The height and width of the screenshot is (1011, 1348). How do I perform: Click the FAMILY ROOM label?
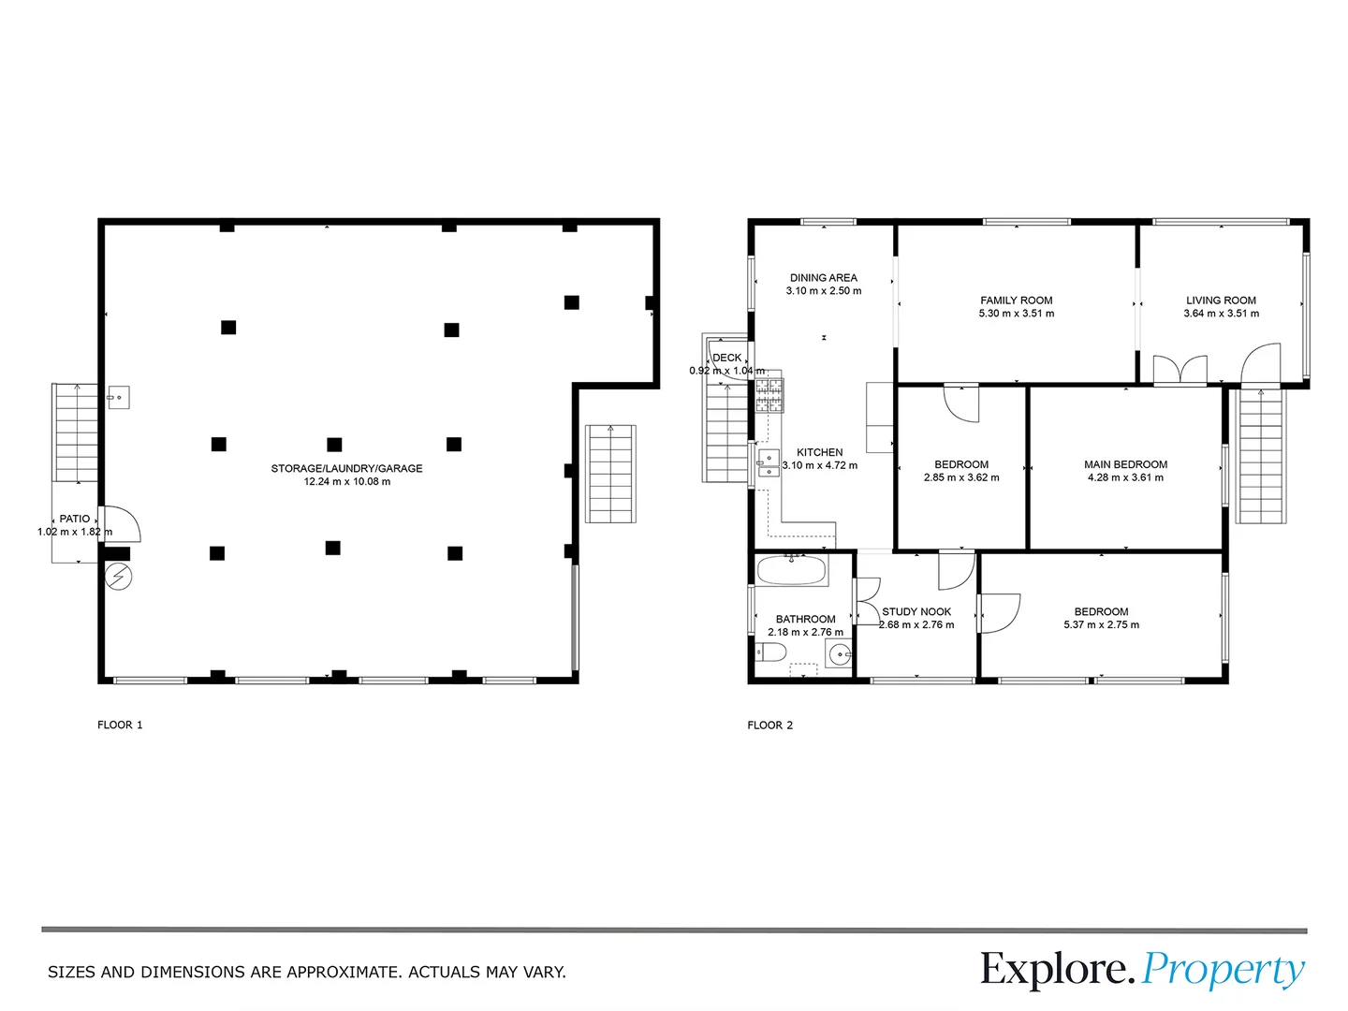click(x=1016, y=300)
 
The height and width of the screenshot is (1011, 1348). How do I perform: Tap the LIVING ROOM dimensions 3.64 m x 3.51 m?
click(x=1221, y=314)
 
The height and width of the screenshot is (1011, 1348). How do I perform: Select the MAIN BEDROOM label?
click(x=1125, y=464)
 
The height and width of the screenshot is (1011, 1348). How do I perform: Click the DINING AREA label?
click(x=823, y=278)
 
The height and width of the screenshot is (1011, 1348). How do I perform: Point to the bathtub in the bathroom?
click(x=791, y=570)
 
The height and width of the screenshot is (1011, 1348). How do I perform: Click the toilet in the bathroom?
click(x=771, y=652)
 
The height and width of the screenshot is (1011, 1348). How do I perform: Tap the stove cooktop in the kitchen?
click(x=769, y=395)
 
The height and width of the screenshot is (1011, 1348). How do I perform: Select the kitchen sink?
click(x=769, y=462)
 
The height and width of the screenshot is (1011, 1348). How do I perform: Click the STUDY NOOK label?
click(x=916, y=611)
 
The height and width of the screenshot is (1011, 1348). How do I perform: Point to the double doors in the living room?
click(x=1179, y=371)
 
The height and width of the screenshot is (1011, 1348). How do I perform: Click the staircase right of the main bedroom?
click(x=1260, y=456)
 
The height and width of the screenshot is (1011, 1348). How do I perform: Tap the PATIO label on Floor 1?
click(x=75, y=519)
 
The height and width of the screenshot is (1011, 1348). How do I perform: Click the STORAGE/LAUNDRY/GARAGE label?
click(x=346, y=468)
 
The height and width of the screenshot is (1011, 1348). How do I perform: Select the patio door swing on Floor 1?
click(x=122, y=524)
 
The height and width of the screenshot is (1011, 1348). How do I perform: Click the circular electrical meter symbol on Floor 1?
click(x=118, y=578)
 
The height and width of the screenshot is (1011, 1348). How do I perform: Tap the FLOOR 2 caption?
click(x=769, y=725)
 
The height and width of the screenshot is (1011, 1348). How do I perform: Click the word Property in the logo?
click(x=1223, y=970)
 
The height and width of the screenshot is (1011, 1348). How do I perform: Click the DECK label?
click(x=727, y=358)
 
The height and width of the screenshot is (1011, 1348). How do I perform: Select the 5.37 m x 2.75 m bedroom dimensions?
click(x=1101, y=625)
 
